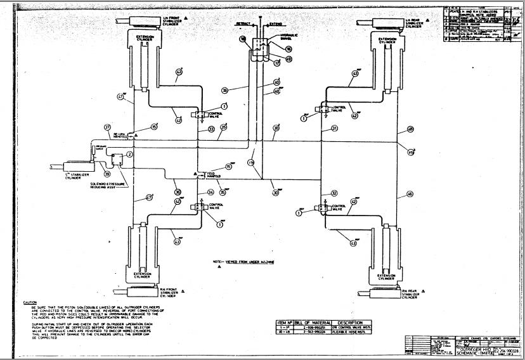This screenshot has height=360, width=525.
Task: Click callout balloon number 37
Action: pos(108,127)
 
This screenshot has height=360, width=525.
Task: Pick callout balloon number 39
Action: pos(107,173)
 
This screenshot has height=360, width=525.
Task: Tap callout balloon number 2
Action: pos(129,154)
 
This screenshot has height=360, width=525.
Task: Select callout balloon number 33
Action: pos(211,129)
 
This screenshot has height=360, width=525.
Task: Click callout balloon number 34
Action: pos(211,191)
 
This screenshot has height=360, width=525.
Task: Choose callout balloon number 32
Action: pos(334,193)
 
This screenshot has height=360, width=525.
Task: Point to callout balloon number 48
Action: pos(410,129)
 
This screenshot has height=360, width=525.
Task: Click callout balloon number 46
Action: pos(410,193)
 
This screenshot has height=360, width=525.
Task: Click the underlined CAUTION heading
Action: pos(29,302)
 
